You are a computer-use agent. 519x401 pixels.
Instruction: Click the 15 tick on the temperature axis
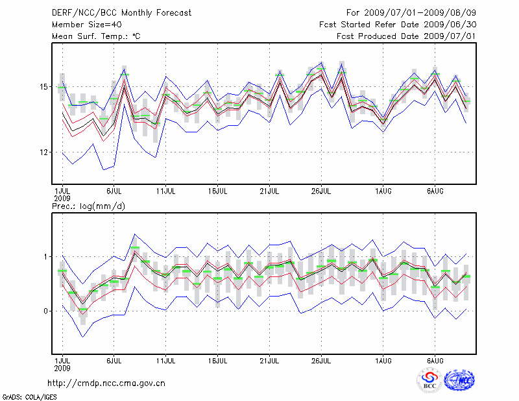[42, 86]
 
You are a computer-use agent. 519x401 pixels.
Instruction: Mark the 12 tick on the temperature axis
[42, 152]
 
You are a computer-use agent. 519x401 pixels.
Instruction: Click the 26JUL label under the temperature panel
[322, 191]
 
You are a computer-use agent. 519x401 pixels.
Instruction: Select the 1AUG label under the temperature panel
[383, 191]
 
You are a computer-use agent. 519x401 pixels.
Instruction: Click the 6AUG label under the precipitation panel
[435, 359]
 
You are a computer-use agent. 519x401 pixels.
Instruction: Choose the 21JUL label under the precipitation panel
[270, 359]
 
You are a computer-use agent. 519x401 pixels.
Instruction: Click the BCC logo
[429, 380]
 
